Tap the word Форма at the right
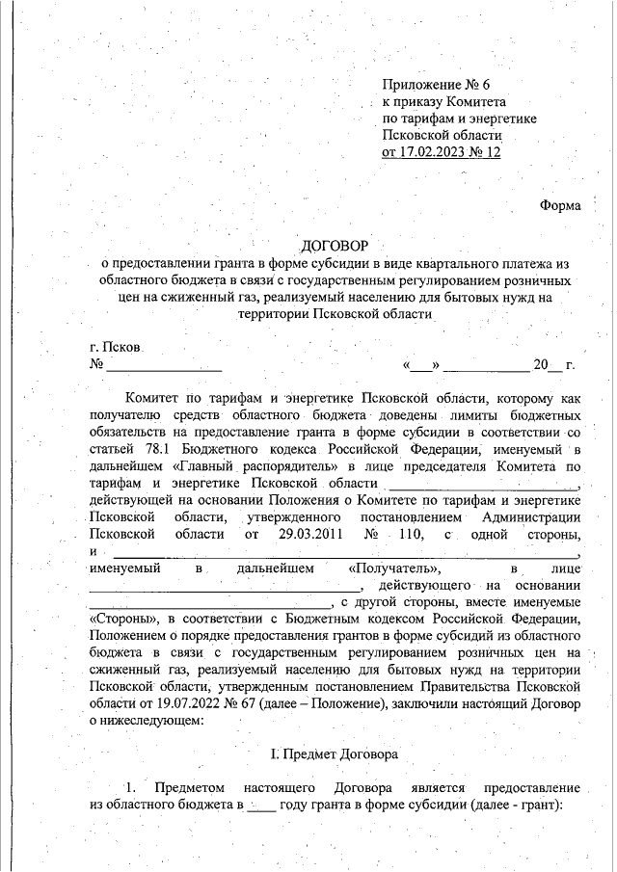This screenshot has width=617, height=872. click(x=560, y=205)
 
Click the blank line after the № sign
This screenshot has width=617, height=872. click(x=164, y=366)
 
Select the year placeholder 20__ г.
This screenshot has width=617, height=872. click(x=553, y=366)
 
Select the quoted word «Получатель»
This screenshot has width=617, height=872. click(x=396, y=568)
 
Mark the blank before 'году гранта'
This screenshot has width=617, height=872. click(x=260, y=804)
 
